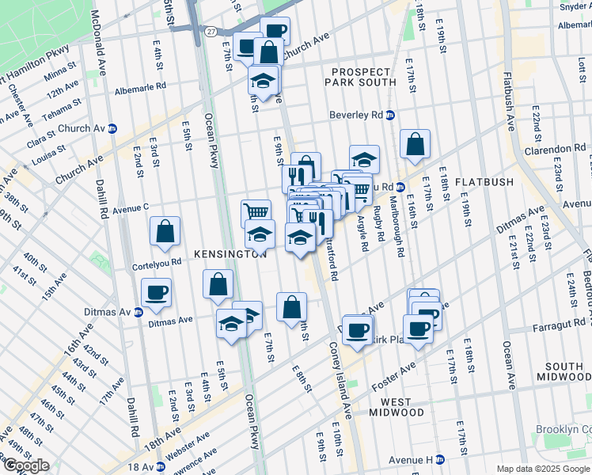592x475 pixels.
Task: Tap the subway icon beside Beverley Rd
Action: (x=390, y=116)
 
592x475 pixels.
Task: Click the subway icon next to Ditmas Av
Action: (x=138, y=312)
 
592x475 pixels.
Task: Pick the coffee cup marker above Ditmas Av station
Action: (x=156, y=291)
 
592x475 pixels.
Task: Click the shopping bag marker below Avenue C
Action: (x=165, y=232)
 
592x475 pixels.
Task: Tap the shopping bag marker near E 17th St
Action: (x=415, y=144)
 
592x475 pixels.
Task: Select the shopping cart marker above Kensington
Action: (x=256, y=212)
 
